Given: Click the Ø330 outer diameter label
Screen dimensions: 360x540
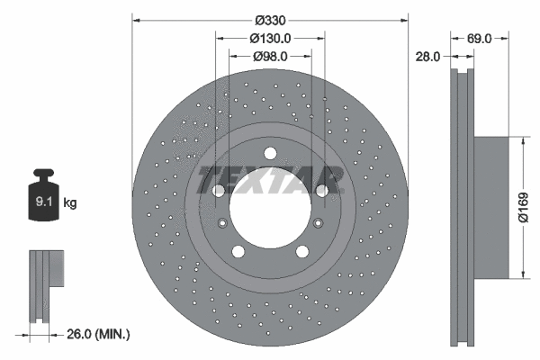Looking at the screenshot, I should pyautogui.click(x=269, y=19).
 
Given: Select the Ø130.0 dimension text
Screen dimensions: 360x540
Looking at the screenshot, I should pyautogui.click(x=270, y=38).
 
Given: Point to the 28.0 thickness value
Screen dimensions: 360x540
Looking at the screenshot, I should pyautogui.click(x=427, y=56).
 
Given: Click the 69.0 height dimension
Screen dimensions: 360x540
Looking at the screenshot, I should pyautogui.click(x=479, y=39).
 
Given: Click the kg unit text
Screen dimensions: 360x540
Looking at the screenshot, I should pyautogui.click(x=70, y=203).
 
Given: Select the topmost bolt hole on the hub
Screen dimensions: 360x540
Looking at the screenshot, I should pyautogui.click(x=269, y=153).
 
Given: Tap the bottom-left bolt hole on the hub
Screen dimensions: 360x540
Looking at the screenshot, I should pyautogui.click(x=238, y=252).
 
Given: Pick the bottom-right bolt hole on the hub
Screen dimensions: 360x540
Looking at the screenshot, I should pyautogui.click(x=301, y=252).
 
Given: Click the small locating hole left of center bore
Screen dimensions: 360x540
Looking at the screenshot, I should pyautogui.click(x=222, y=224).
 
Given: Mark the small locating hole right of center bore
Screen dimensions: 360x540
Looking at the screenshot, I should pyautogui.click(x=317, y=224).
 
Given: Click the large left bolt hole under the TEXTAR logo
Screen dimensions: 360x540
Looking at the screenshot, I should pyautogui.click(x=218, y=191).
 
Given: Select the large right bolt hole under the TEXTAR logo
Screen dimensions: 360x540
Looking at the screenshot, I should pyautogui.click(x=321, y=191).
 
